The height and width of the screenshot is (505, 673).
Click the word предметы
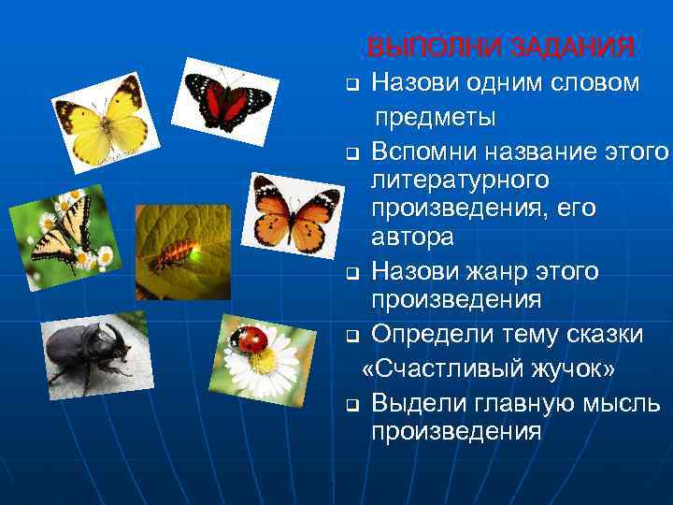pyautogui.click(x=436, y=118)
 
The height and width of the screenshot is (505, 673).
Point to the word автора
pyautogui.click(x=412, y=237)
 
